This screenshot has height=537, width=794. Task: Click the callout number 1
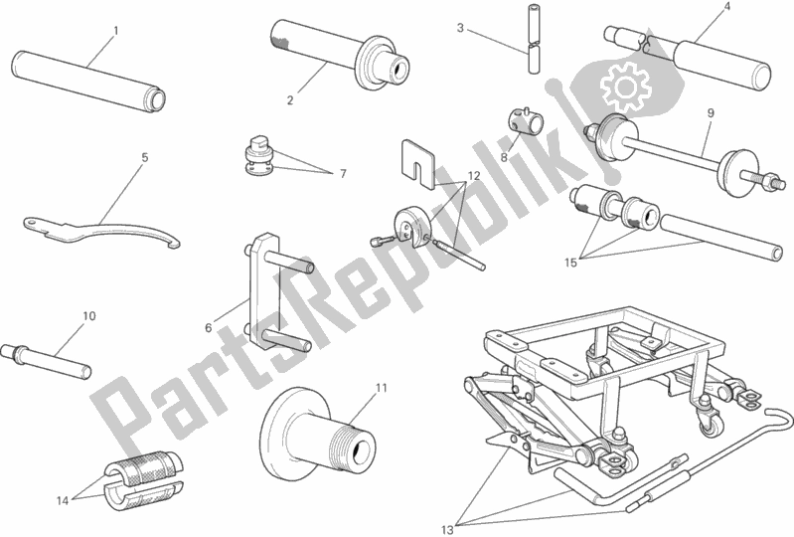[115, 31]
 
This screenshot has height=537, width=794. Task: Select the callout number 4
[726, 7]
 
